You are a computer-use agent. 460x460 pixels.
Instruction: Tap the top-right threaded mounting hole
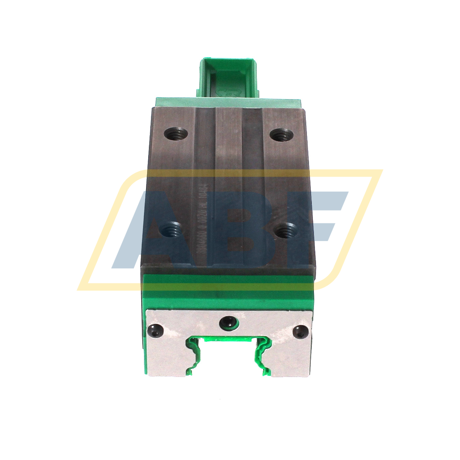pos(283,134)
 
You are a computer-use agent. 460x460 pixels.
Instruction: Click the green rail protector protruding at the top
pos(227,77)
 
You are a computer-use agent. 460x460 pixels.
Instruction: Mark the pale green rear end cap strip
pos(228,102)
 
